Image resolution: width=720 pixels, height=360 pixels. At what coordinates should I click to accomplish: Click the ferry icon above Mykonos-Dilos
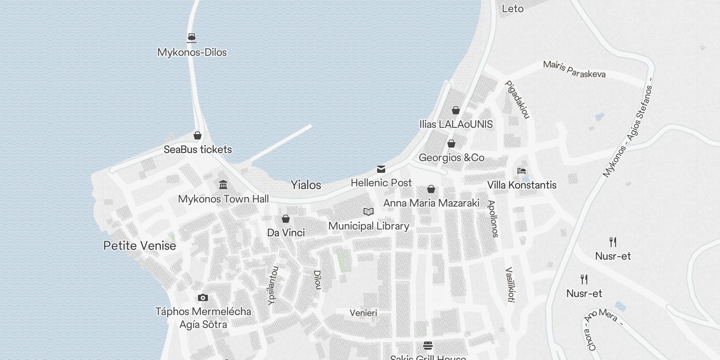click(192, 38)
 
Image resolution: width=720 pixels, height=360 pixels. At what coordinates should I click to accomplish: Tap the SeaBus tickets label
click(198, 149)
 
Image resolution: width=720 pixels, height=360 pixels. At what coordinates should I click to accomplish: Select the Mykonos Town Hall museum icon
click(223, 185)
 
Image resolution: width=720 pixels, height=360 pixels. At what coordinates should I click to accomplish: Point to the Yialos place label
click(306, 185)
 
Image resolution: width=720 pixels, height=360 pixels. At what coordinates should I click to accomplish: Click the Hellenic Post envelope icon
click(381, 169)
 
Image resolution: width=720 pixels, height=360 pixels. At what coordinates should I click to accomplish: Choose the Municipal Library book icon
click(369, 211)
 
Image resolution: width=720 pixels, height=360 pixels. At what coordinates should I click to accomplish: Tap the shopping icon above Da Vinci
click(285, 219)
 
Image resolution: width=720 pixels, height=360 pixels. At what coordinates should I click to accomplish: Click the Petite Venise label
click(139, 246)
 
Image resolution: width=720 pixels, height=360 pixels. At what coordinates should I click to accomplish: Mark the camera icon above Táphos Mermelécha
click(203, 297)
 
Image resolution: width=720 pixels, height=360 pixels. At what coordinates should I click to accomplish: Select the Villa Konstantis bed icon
click(522, 171)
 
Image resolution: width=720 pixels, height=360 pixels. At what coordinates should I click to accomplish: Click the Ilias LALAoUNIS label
click(456, 124)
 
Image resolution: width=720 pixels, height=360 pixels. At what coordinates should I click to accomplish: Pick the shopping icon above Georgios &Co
click(451, 144)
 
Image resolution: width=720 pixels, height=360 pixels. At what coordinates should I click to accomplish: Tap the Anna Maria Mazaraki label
click(431, 203)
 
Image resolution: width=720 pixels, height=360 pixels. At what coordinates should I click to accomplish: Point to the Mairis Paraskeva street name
click(574, 69)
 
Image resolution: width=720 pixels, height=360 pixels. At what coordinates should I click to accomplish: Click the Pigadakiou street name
click(517, 100)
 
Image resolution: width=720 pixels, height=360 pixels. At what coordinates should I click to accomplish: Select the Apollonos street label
click(494, 219)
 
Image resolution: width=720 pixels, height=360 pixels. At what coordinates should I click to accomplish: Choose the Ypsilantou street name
click(273, 286)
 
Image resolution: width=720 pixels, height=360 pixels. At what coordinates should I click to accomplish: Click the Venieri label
click(363, 313)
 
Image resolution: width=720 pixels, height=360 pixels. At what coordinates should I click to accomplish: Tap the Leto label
click(513, 9)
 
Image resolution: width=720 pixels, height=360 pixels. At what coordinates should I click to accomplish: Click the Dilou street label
click(318, 280)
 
